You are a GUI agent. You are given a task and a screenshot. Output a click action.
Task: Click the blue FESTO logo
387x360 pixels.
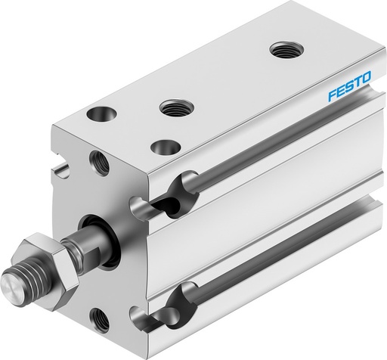[x=349, y=97]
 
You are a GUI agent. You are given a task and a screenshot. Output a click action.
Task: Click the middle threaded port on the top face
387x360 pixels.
[x=173, y=107]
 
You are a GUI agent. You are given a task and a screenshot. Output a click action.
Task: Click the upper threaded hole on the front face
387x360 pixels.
[x=99, y=160]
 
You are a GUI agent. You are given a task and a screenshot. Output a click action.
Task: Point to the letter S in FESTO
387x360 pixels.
[x=349, y=97]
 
